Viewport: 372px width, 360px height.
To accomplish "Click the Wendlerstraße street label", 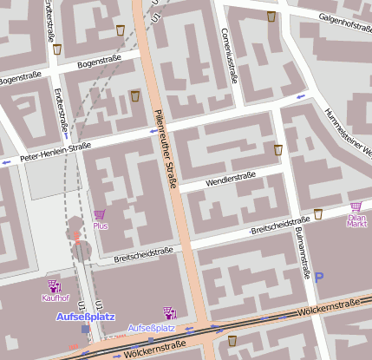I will pos(230,180).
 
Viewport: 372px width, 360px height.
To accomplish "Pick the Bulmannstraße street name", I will pos(303,247).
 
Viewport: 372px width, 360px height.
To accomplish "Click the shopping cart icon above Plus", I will pos(100,214).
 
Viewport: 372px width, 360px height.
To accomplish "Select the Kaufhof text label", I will pos(55,298).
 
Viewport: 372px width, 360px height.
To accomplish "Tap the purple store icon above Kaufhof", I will pos(55,285).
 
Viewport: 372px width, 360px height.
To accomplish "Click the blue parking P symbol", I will pos(319,277).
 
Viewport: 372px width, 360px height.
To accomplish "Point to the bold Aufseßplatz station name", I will pos(81,317).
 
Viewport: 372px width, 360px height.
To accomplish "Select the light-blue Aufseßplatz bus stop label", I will pos(151,329).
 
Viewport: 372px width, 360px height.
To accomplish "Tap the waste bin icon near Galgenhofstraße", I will pos(271,16).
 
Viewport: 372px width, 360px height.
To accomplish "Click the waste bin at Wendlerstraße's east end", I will pos(278,150).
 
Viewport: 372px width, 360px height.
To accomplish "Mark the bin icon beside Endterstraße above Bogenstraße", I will pos(57,49).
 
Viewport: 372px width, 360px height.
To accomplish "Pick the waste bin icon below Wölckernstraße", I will pos(232,340).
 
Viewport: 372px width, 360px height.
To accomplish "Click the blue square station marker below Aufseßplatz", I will pos(84,330).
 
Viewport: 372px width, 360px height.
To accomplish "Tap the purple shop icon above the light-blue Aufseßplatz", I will pos(168,312).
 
